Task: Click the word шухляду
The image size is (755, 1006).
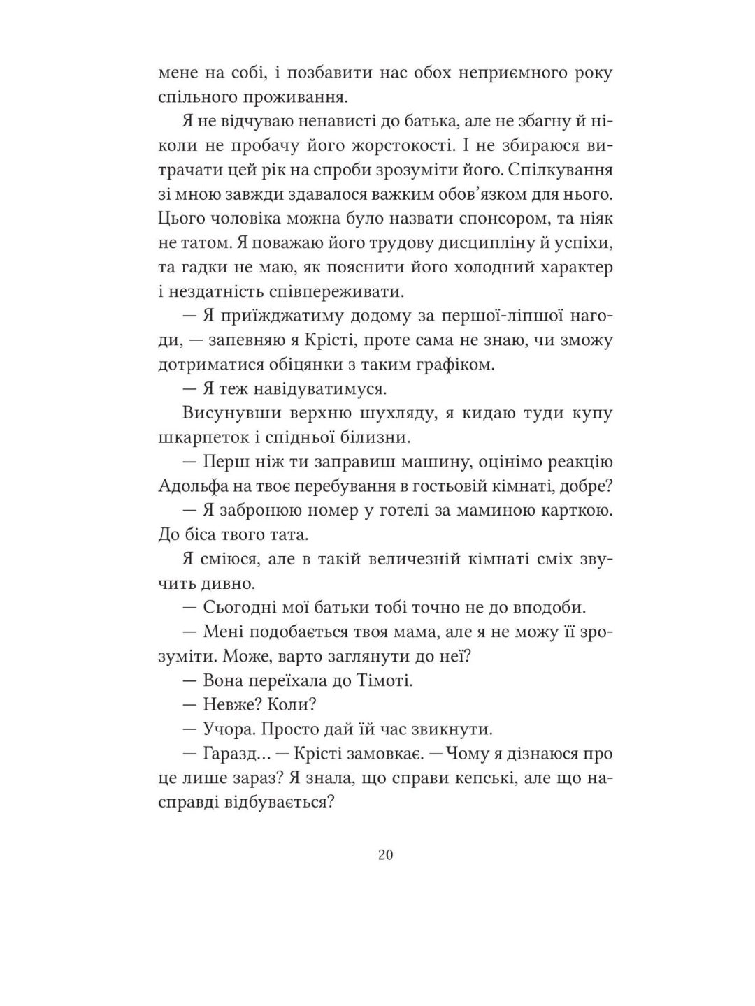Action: pyautogui.click(x=387, y=413)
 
